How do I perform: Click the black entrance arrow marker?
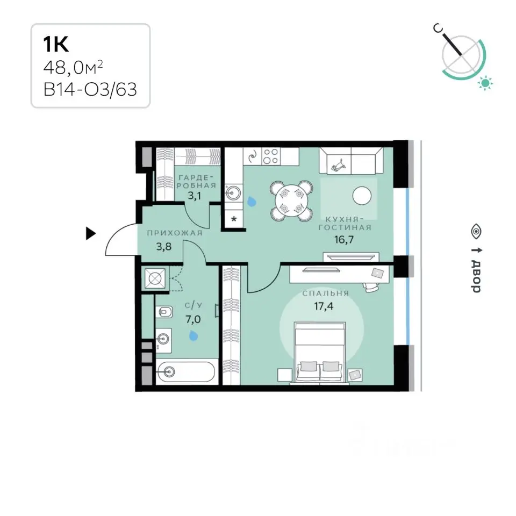(90, 233)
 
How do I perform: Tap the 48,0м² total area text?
(73, 68)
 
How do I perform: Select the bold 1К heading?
(56, 45)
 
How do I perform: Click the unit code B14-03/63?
(90, 89)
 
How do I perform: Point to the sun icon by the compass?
(485, 83)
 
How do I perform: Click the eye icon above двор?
(476, 231)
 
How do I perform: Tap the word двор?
(476, 276)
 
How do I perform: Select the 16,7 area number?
(344, 239)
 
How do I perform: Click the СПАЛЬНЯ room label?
(326, 293)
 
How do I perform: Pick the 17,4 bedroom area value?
(324, 306)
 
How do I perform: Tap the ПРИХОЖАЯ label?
(174, 233)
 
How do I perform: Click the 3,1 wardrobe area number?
(194, 196)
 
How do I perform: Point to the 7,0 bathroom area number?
(193, 319)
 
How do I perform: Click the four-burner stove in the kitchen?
(271, 156)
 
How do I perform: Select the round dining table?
(291, 200)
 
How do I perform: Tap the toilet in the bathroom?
(163, 311)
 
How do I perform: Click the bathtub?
(187, 372)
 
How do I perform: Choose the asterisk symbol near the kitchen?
(234, 219)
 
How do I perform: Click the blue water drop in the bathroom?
(193, 335)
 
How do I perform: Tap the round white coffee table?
(362, 196)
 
